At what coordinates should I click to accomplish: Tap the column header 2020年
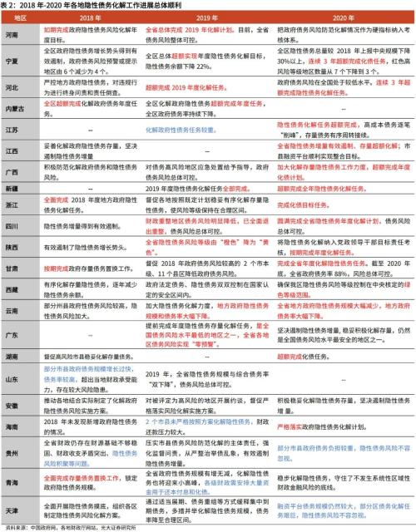click(x=343, y=18)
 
